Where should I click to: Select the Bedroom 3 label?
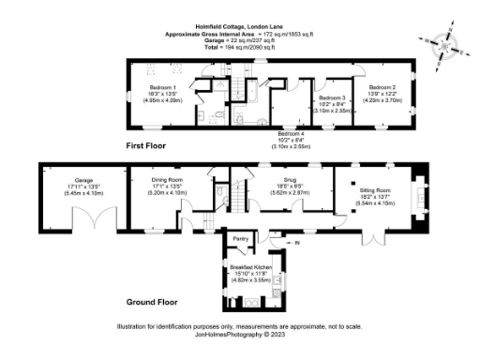tap(332, 97)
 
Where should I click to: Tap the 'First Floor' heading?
tap(150, 147)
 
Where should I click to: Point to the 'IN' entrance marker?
tap(297, 244)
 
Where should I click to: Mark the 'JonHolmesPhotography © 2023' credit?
tap(239, 334)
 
